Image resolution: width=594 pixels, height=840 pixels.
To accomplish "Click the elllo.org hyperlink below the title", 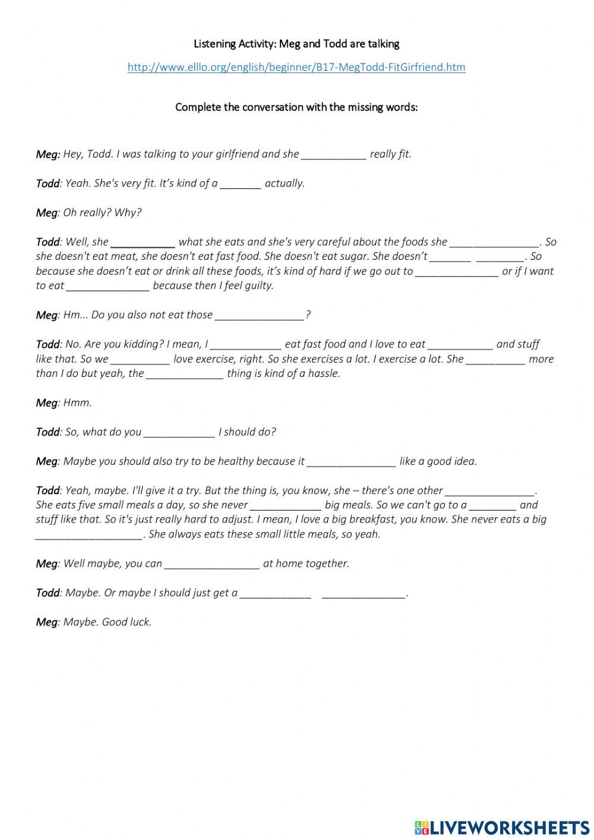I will pos(296,67).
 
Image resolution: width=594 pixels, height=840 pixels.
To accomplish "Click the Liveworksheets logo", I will pos(502,827).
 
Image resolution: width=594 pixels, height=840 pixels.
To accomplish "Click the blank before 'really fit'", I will pos(334,155).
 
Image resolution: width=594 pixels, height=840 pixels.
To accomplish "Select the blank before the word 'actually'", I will pos(241,184).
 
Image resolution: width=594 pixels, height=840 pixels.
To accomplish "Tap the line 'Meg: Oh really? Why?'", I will pos(89,213).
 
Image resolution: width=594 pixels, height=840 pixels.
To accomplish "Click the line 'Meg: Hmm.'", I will pos(64,403).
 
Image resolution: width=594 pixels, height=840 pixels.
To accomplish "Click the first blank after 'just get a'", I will pos(276,593).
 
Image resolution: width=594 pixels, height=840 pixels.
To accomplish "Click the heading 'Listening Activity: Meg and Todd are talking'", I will pos(296,44).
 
